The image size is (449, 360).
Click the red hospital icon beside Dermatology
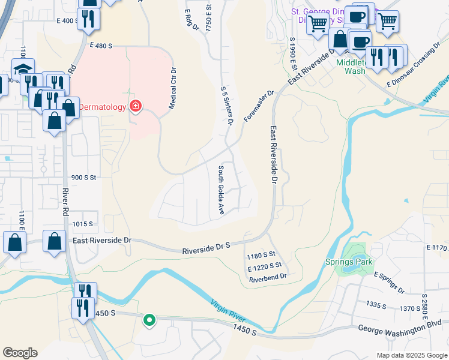pos(136,107)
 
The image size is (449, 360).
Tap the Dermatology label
pos(103,107)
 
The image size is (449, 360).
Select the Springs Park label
pos(349,262)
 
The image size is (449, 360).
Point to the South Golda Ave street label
pos(221,190)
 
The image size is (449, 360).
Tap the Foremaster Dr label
pos(259,106)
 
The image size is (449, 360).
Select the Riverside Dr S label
pos(206,245)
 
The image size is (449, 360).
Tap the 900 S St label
pos(83,178)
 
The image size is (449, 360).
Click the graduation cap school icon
pos(23,70)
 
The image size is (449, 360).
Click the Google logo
pos(20,352)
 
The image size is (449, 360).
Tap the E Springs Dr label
pos(389,283)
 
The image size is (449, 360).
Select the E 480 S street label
pos(101,45)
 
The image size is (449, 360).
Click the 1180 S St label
pos(261,256)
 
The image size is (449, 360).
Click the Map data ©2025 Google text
pos(411,355)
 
